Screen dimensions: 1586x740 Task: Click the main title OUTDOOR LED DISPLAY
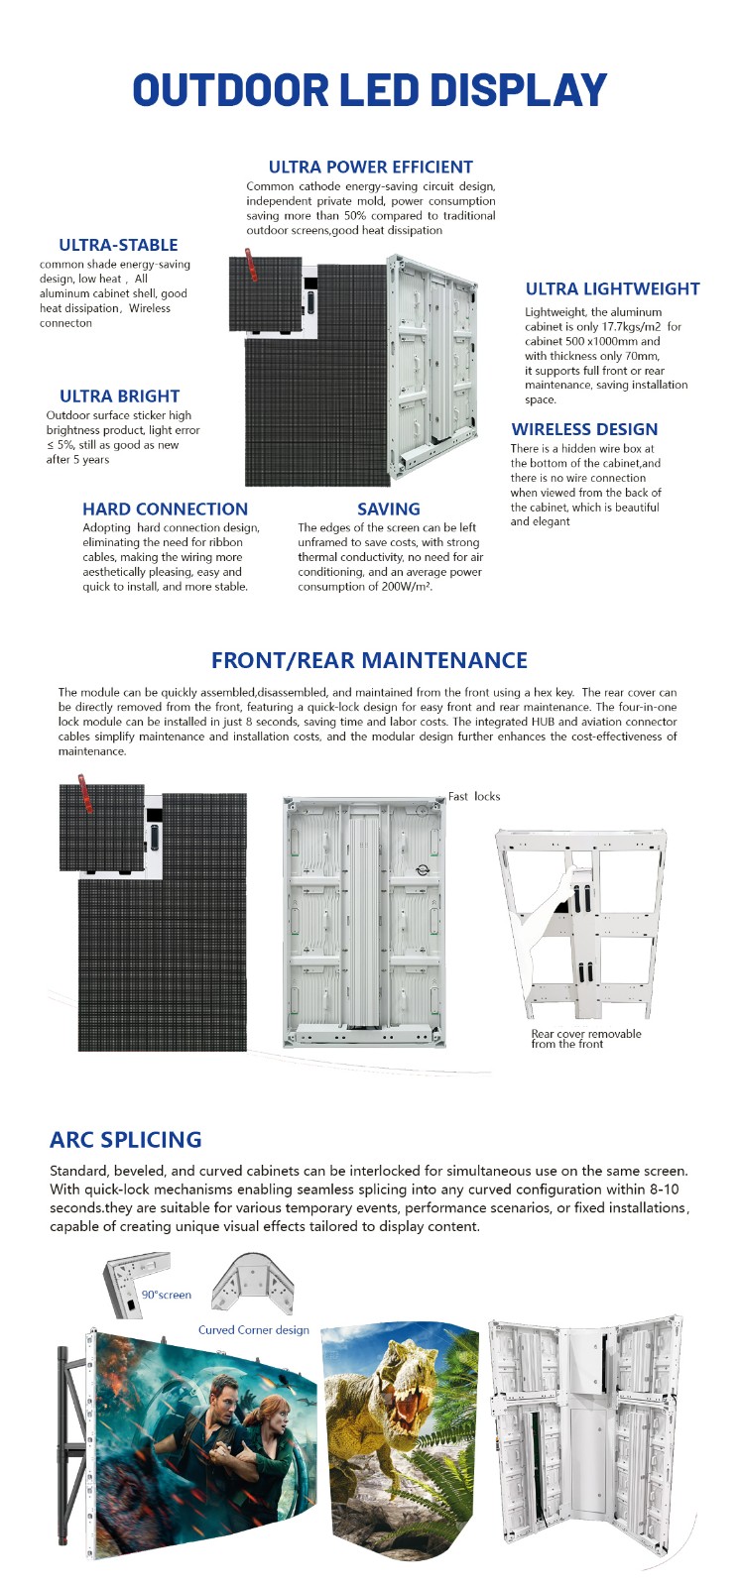pyautogui.click(x=369, y=90)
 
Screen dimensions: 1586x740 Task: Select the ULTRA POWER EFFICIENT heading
pyautogui.click(x=370, y=167)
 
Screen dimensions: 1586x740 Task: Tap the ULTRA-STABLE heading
pyautogui.click(x=118, y=245)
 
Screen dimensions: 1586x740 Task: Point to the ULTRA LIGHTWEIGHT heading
pyautogui.click(x=612, y=288)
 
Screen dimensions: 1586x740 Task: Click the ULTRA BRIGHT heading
pyautogui.click(x=119, y=396)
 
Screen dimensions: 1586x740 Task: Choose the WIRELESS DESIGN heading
pyautogui.click(x=584, y=429)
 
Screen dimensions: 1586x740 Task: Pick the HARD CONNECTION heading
pyautogui.click(x=165, y=509)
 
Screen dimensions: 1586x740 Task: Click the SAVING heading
pyautogui.click(x=389, y=509)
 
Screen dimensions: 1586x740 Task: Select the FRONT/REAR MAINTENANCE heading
pyautogui.click(x=369, y=660)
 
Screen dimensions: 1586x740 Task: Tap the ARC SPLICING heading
pyautogui.click(x=125, y=1139)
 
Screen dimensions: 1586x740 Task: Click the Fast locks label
pyautogui.click(x=474, y=796)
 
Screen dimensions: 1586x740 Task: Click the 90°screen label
pyautogui.click(x=166, y=1295)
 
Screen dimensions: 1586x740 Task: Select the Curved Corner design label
pyautogui.click(x=253, y=1330)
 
